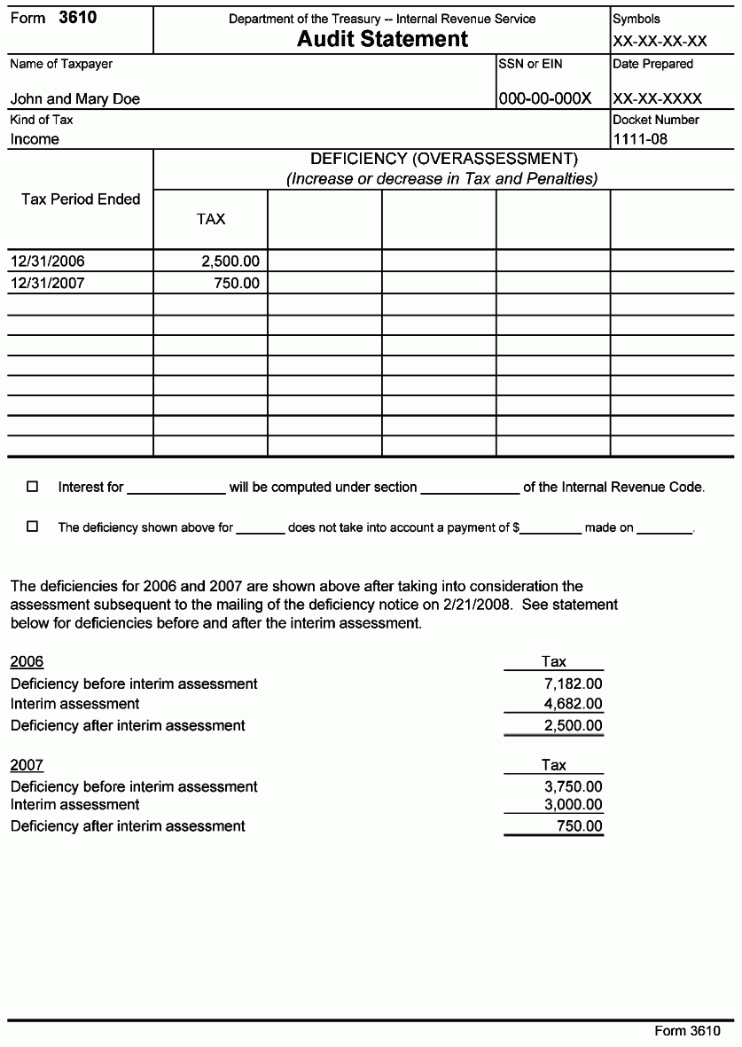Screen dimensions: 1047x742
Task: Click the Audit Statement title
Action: tap(382, 39)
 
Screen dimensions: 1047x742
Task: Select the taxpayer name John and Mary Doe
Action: tap(75, 99)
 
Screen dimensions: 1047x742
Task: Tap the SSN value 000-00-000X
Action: tap(544, 98)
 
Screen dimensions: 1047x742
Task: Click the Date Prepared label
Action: tap(652, 64)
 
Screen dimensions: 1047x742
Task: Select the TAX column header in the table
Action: tap(211, 219)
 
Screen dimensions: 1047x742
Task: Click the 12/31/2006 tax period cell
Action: tap(48, 262)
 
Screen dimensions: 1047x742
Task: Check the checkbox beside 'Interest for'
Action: tap(33, 487)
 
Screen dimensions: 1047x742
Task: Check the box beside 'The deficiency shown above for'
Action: tap(33, 527)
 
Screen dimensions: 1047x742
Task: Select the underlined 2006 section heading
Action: tap(27, 661)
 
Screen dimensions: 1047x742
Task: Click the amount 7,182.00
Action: tap(573, 684)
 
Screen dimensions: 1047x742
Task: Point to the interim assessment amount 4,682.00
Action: tap(573, 704)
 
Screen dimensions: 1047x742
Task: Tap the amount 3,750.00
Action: tap(573, 786)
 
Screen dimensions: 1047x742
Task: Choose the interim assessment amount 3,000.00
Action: tap(573, 805)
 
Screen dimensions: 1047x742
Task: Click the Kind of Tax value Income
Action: tap(35, 139)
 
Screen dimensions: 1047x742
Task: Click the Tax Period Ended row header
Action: tap(81, 199)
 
